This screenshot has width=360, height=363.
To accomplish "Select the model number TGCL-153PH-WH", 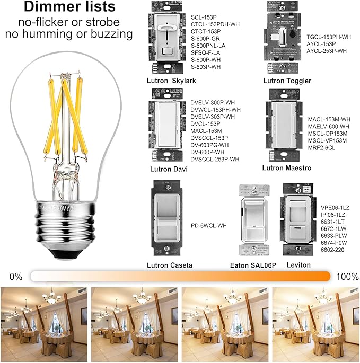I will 329,37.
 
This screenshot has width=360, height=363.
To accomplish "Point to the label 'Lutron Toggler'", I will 287,81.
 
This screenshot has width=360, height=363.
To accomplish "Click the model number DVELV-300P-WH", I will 212,102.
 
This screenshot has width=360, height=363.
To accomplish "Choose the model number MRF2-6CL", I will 322,148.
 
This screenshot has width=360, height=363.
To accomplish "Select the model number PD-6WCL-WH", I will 209,226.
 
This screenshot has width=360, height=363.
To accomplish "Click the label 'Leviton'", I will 298,265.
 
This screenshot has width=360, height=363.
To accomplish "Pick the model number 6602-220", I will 333,249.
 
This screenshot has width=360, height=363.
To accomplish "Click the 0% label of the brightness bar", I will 15,277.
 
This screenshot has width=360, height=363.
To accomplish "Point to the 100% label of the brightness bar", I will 346,277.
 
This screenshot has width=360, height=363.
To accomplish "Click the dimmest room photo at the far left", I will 44,322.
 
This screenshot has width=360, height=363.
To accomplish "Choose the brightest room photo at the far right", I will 315,322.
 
